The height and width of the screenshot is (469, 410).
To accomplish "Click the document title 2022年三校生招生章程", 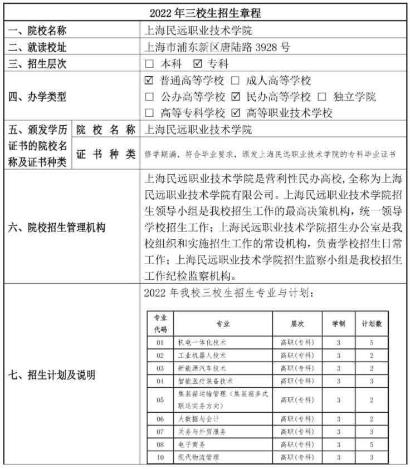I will (x=206, y=12).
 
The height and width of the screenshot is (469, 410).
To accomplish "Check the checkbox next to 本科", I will (x=149, y=64).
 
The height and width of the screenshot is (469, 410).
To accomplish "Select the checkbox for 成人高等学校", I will (x=236, y=81).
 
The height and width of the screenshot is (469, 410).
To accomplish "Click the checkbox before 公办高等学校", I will (x=149, y=97).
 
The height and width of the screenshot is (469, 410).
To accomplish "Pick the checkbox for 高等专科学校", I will (x=149, y=113).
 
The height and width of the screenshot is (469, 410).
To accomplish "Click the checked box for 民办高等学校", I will (x=236, y=97).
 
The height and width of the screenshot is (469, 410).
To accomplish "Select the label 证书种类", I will (x=106, y=154).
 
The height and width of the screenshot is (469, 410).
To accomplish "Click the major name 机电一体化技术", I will (x=202, y=343).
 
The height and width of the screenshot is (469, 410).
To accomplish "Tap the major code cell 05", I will (x=160, y=399).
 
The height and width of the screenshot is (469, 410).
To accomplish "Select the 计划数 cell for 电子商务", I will (x=372, y=445).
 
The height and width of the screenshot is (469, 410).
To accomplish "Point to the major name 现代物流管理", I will (x=198, y=457).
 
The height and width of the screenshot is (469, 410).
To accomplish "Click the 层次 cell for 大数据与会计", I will (x=297, y=419).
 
